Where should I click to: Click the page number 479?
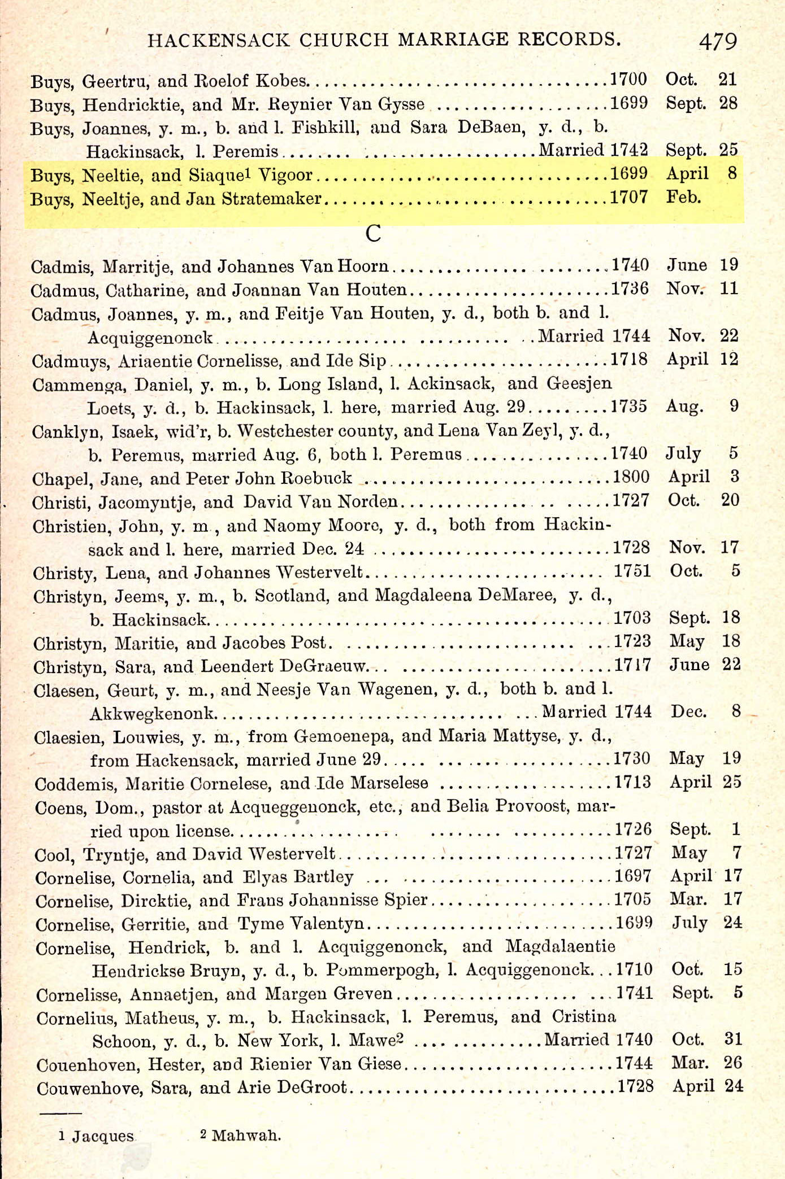pos(718,41)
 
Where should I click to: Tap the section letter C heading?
pos(373,233)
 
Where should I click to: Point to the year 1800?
pos(631,477)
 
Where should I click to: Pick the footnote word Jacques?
pos(103,1136)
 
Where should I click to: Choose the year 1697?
pos(633,876)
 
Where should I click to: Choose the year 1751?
pos(632,571)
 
